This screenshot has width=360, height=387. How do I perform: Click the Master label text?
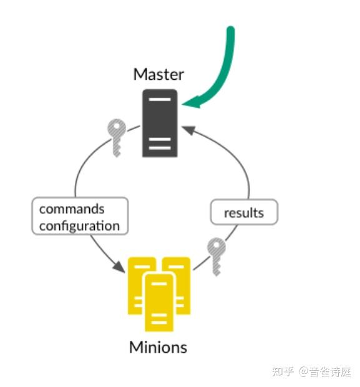click(x=158, y=75)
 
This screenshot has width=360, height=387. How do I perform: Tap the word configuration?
click(x=79, y=225)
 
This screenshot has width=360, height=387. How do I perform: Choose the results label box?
click(x=243, y=213)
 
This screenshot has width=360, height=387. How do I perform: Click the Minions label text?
click(x=158, y=346)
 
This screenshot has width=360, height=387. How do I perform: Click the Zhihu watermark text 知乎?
click(x=283, y=372)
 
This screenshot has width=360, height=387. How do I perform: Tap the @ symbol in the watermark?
click(x=304, y=372)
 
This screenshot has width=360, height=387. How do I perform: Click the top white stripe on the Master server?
click(x=160, y=100)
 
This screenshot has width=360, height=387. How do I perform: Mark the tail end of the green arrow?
click(x=230, y=30)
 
